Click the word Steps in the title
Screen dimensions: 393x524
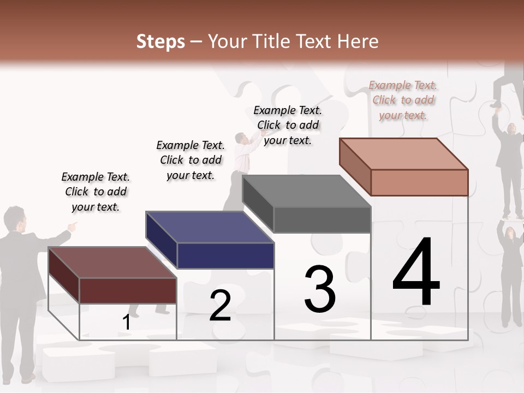(x=160, y=41)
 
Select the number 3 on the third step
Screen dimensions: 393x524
(x=320, y=289)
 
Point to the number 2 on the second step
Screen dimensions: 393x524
(x=221, y=306)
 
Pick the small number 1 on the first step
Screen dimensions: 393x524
(x=127, y=323)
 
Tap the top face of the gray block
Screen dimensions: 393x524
(x=306, y=191)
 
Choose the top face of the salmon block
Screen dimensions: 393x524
(x=403, y=153)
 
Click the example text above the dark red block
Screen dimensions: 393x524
(x=96, y=192)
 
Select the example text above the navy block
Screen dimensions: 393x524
(x=190, y=160)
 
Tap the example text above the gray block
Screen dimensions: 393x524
(x=288, y=125)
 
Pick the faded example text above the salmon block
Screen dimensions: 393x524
(x=403, y=100)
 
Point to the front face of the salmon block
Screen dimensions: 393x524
(x=419, y=182)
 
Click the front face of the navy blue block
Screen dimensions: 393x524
(x=225, y=255)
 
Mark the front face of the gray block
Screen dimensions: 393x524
(x=322, y=220)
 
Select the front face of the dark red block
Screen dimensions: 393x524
(x=128, y=290)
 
